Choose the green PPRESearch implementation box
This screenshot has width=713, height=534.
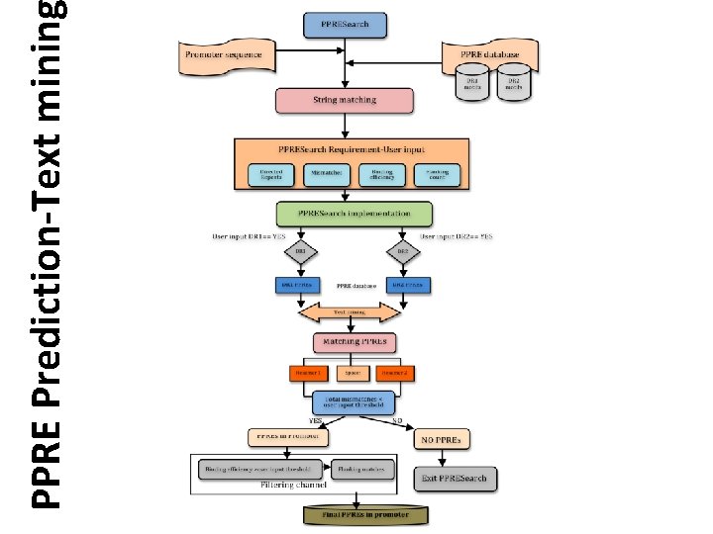[355, 214]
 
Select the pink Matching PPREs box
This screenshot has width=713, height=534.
[354, 343]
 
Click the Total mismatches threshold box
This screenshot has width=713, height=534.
[354, 402]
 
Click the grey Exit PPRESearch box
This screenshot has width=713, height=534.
[452, 480]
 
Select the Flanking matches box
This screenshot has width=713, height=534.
[358, 468]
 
